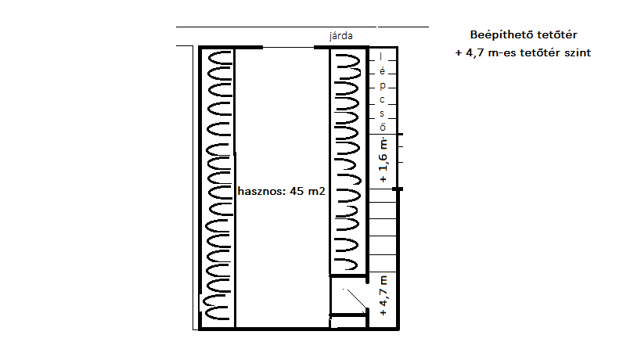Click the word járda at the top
click(341, 36)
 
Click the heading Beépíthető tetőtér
click(524, 34)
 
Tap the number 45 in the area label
click(296, 191)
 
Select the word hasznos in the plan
click(261, 191)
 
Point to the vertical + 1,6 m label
click(383, 160)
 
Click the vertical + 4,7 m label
click(383, 296)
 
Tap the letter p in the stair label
click(382, 86)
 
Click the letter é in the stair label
click(382, 71)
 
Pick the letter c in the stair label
click(382, 99)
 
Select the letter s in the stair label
click(382, 113)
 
